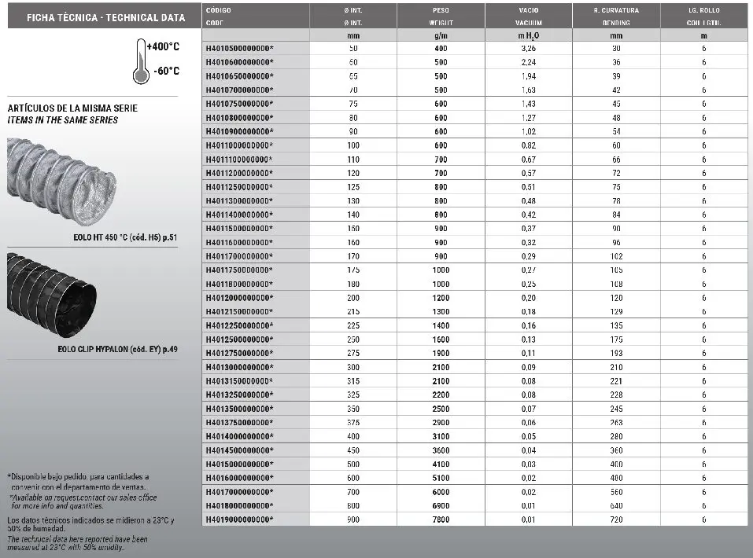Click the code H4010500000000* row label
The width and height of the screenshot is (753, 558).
tap(239, 49)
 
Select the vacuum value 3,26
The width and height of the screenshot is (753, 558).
tap(528, 49)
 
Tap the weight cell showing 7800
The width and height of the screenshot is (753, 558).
tap(440, 519)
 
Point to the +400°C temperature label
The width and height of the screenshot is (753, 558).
tap(163, 47)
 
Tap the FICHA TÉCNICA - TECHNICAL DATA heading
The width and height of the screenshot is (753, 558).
tap(106, 17)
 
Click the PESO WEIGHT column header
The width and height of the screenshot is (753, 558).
tap(440, 17)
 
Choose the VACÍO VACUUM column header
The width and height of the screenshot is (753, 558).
tap(528, 17)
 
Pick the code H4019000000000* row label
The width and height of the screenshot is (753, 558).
tap(239, 519)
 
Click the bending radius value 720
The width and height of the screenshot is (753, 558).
tap(615, 519)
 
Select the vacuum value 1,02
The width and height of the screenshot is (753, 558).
tap(528, 131)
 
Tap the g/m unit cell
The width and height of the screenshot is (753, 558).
tap(440, 35)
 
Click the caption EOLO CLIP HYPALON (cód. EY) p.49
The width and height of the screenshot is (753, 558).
tap(118, 348)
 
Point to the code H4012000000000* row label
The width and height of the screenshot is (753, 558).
tap(239, 298)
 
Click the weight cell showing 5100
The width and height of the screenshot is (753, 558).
tap(440, 478)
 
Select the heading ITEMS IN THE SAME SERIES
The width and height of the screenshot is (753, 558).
tap(62, 120)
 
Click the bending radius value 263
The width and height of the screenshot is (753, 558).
tap(615, 422)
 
